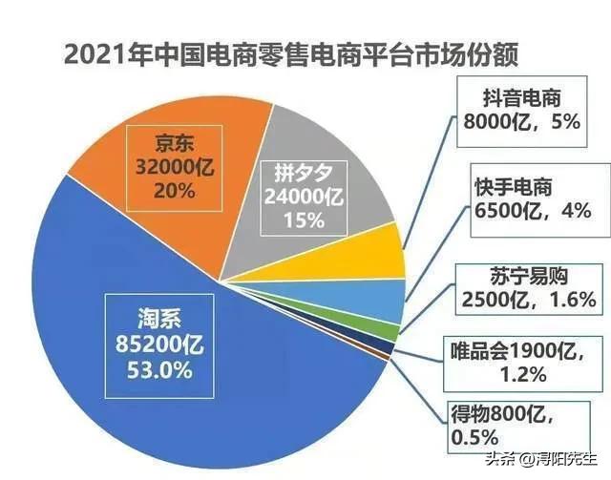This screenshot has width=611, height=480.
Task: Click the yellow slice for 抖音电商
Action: [377, 251]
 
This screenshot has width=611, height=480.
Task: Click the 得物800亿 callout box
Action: [506, 427]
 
